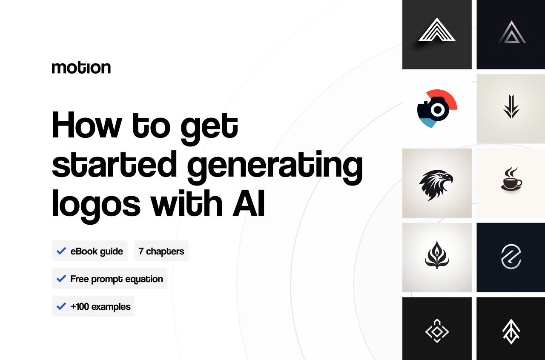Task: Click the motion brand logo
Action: click(x=81, y=67)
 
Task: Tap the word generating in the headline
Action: click(x=275, y=166)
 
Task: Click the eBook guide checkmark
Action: click(x=61, y=251)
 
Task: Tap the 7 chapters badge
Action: click(x=161, y=251)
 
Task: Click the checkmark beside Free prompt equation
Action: click(x=61, y=279)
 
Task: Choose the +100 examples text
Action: click(x=100, y=306)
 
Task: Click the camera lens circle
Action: click(x=437, y=110)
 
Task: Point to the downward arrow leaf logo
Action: click(x=511, y=107)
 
